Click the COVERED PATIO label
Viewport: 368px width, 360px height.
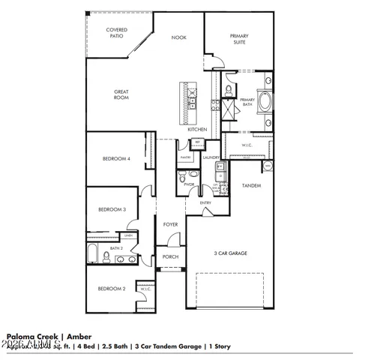[116, 33]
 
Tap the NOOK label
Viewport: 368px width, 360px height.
[178, 37]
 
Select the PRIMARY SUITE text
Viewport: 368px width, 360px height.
[239, 39]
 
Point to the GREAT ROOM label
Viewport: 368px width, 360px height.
[121, 94]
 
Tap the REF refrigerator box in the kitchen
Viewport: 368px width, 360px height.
[198, 142]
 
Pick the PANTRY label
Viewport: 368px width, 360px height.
[186, 157]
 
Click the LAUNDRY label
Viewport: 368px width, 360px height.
[211, 157]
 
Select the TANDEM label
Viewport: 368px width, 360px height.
[251, 184]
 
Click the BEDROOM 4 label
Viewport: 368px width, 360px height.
[117, 159]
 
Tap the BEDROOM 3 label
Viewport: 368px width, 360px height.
[111, 210]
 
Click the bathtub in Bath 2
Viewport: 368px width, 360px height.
[91, 255]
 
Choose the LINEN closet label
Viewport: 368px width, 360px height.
[129, 236]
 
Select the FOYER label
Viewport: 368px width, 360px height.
[171, 223]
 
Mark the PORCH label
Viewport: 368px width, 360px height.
[170, 257]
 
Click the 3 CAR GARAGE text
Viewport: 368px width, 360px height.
[230, 253]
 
